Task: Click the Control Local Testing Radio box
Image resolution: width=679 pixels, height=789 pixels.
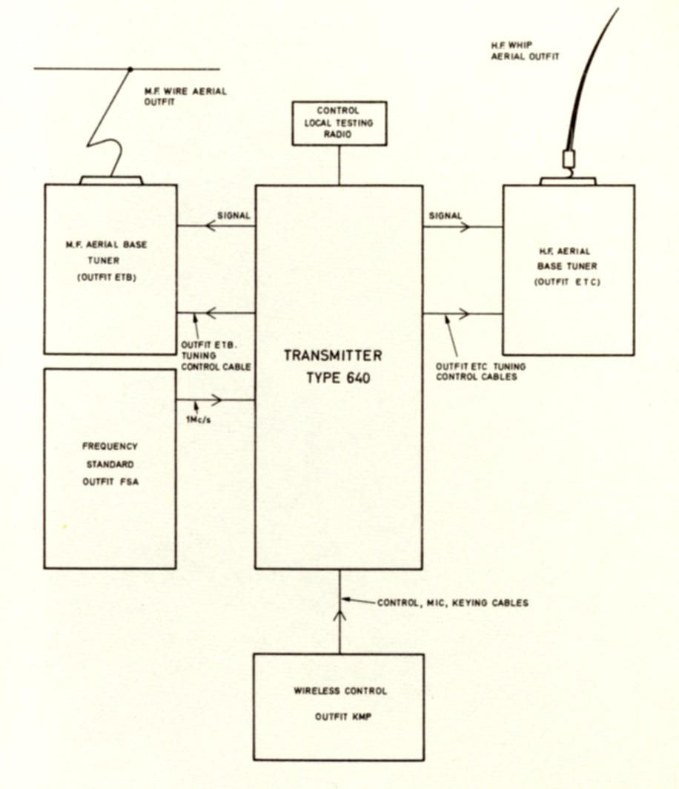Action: [339, 123]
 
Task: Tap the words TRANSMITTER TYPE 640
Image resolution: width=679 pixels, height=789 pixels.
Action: [333, 366]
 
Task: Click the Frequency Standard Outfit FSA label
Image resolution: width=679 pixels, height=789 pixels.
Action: [109, 467]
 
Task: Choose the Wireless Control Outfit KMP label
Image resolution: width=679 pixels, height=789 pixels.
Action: [339, 702]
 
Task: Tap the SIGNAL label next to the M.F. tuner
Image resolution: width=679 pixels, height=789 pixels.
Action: [234, 216]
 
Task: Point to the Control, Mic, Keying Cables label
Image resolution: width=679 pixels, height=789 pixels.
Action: [453, 603]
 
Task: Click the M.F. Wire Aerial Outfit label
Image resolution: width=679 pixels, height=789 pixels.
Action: [185, 97]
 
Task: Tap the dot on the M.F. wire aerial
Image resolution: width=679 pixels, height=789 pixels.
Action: [130, 70]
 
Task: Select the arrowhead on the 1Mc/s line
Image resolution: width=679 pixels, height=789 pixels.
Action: [217, 400]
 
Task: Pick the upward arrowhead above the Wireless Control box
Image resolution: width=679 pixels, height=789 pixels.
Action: [339, 614]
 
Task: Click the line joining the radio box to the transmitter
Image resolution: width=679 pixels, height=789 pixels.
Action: [339, 165]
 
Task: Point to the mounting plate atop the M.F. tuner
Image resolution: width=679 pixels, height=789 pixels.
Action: [110, 180]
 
